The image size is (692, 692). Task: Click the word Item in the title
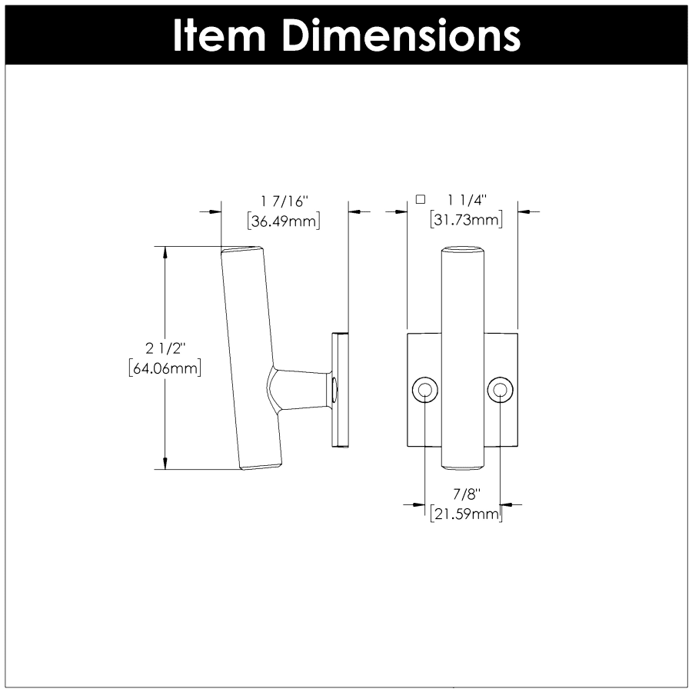(x=219, y=35)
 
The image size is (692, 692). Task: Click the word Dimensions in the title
(x=401, y=35)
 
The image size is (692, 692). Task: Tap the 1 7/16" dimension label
(x=284, y=201)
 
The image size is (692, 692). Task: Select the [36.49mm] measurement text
(x=284, y=220)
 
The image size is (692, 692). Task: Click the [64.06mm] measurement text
(x=165, y=368)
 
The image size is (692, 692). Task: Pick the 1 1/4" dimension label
(x=467, y=200)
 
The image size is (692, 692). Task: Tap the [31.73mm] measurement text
(x=467, y=219)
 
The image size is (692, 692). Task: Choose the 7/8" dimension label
(x=467, y=494)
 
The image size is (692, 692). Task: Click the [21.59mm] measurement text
(x=466, y=514)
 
